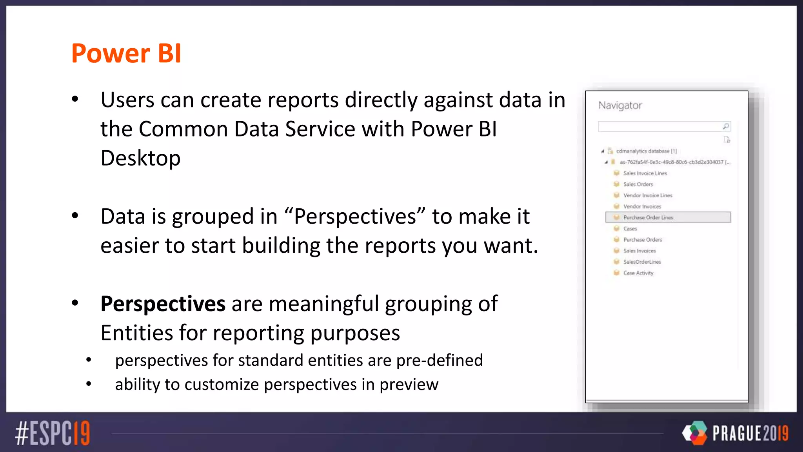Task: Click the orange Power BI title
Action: coord(126,53)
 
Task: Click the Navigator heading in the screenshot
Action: coord(620,105)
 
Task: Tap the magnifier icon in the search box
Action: coord(726,126)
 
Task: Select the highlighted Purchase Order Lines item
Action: coord(648,217)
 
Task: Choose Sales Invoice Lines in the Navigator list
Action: coord(645,173)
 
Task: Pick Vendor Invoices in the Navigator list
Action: coord(642,206)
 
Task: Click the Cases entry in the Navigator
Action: coord(630,228)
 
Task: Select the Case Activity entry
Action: coord(638,273)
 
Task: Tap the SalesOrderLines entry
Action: coord(642,262)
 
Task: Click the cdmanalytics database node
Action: coord(643,151)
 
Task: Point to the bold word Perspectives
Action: coord(163,304)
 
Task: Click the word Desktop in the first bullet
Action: coord(140,158)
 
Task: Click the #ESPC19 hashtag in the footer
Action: coord(53,433)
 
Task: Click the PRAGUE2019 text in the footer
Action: coord(750,434)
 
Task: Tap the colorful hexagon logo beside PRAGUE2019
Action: coord(695,433)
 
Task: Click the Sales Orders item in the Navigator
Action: coord(638,184)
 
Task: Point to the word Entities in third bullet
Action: coord(136,333)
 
